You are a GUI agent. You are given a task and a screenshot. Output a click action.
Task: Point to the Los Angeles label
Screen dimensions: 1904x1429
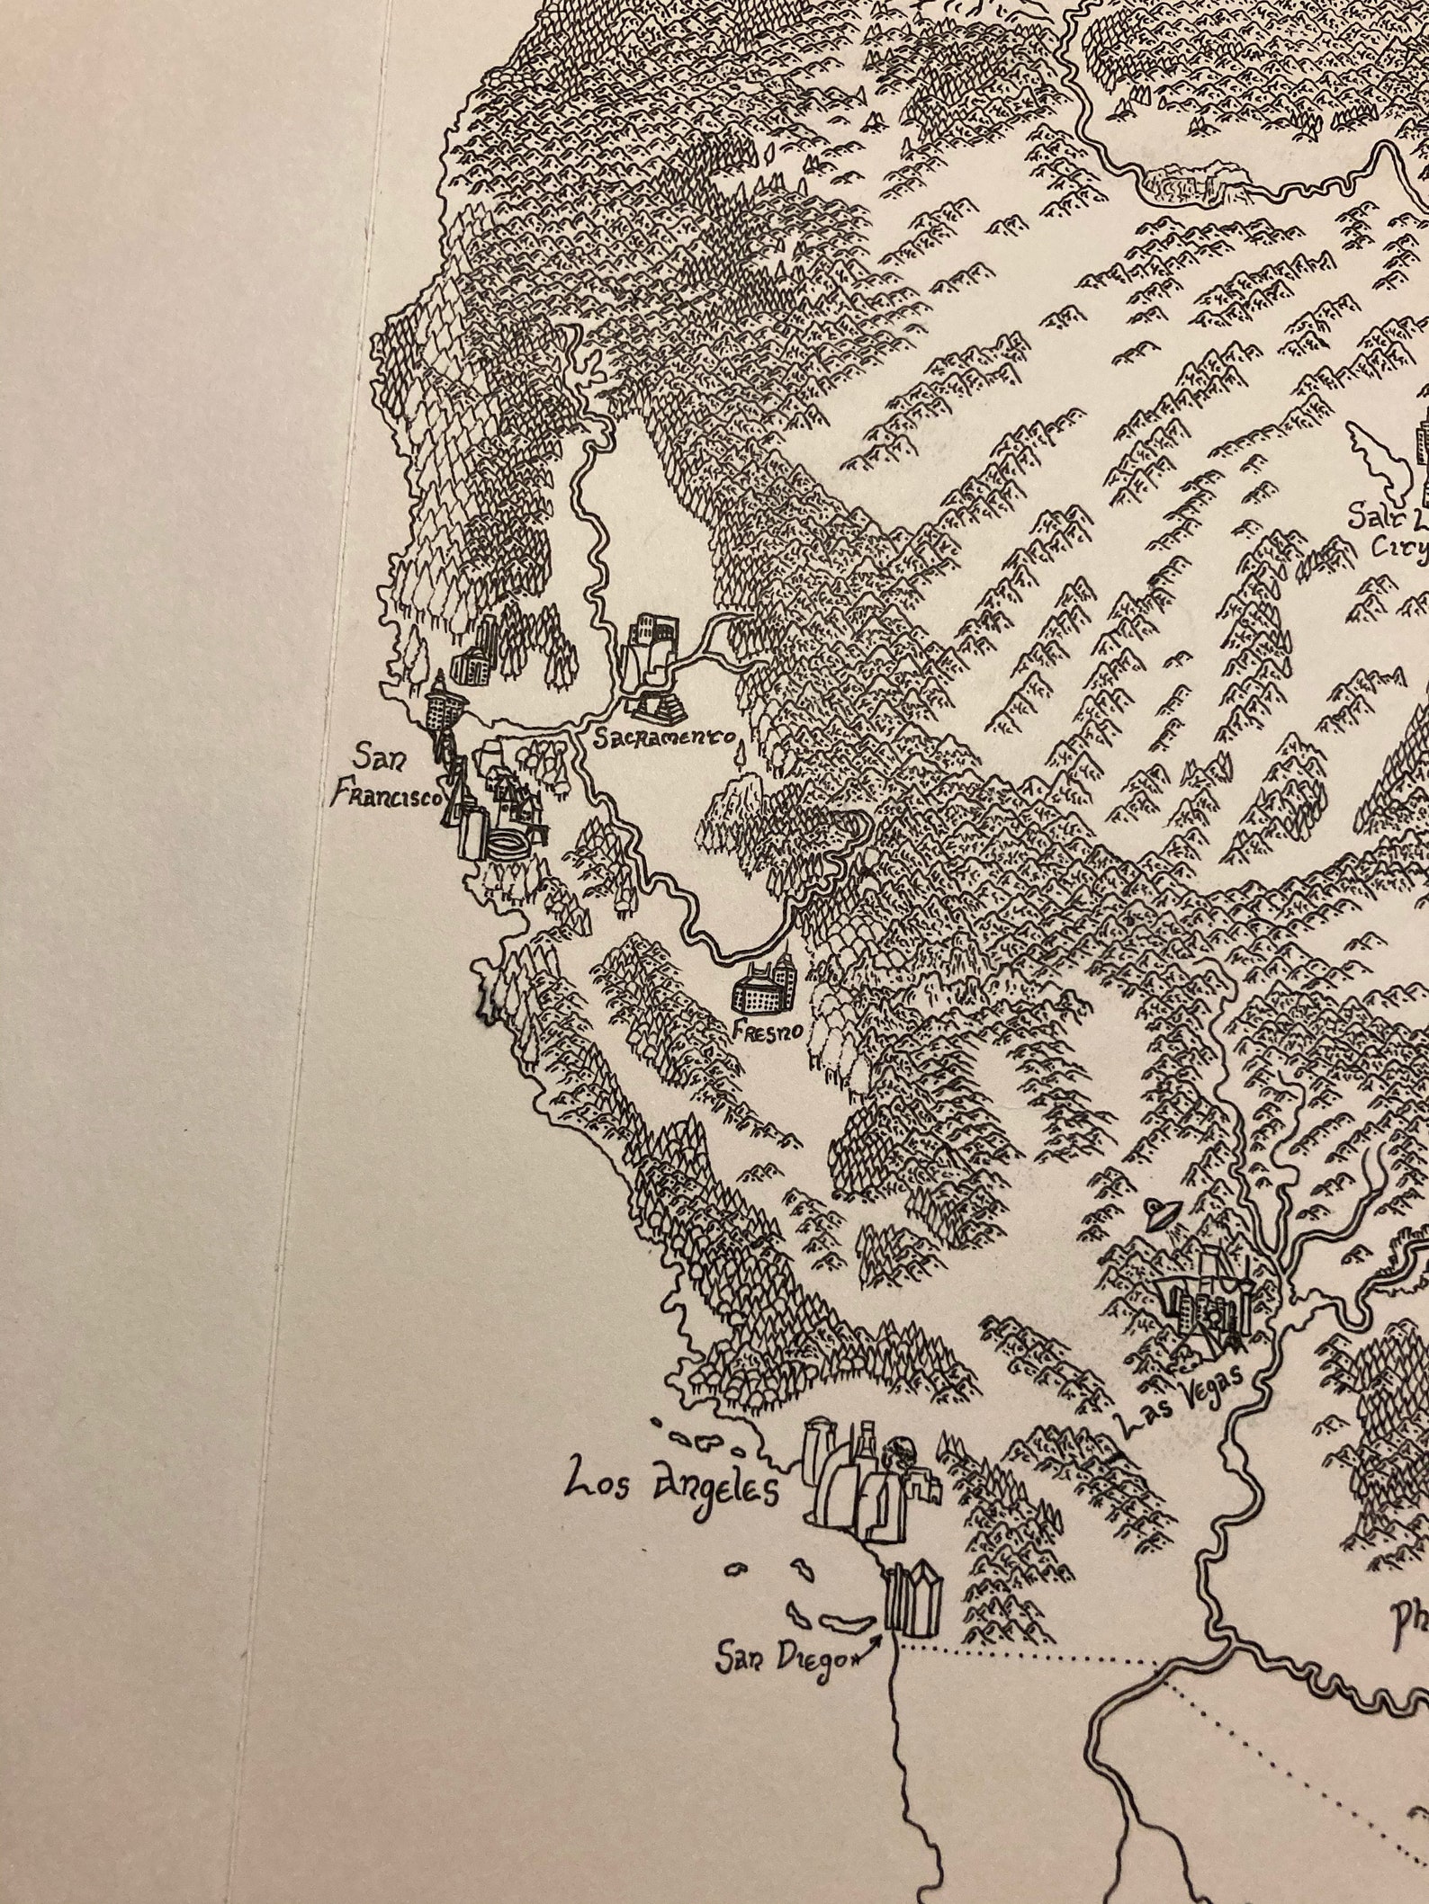tap(670, 1486)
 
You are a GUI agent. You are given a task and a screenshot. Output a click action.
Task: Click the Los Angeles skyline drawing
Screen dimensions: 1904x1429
tap(868, 1488)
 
